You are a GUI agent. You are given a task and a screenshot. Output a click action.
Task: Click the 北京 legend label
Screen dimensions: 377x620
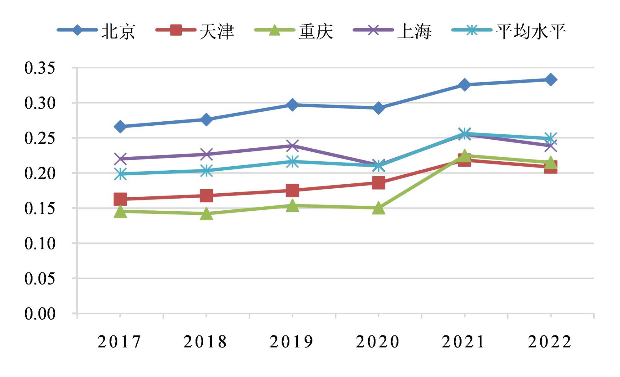point(118,32)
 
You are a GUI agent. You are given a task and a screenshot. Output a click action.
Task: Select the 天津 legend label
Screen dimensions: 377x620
point(217,32)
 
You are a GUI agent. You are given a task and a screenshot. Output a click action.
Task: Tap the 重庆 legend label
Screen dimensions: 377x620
point(316,32)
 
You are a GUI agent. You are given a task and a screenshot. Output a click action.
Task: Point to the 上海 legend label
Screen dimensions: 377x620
point(414,32)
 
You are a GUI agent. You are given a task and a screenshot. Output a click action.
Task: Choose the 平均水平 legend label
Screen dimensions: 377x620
point(530,32)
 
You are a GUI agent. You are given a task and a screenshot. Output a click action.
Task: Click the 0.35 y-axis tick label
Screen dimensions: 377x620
point(40,68)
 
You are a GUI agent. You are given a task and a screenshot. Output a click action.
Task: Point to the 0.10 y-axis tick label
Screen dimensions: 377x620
point(40,244)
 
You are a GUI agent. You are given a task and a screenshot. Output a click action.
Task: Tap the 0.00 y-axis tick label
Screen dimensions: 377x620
point(40,314)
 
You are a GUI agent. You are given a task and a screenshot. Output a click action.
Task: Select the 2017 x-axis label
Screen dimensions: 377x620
point(119,342)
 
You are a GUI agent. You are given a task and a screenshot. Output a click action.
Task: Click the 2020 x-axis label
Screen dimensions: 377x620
point(378,342)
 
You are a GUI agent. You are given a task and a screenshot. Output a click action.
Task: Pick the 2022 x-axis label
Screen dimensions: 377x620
point(550,342)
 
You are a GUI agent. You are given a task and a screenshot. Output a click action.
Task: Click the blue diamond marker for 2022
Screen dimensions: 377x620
point(551,80)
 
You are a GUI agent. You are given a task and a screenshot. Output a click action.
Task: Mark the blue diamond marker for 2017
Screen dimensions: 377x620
point(120,127)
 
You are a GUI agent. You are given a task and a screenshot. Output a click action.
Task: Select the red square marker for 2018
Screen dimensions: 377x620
point(206,195)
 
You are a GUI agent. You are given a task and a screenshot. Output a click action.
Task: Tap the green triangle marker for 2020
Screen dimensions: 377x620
point(379,208)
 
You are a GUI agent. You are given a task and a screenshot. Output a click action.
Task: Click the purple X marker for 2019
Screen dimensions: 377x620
point(292,145)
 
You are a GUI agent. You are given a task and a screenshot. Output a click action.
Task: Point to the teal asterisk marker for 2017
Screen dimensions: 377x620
point(120,174)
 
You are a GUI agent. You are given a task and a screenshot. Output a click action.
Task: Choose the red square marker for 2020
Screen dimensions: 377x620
point(379,183)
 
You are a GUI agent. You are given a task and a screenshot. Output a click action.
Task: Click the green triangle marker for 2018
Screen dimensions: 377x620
point(206,214)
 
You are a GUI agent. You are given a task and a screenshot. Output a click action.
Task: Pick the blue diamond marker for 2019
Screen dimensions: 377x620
point(292,105)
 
